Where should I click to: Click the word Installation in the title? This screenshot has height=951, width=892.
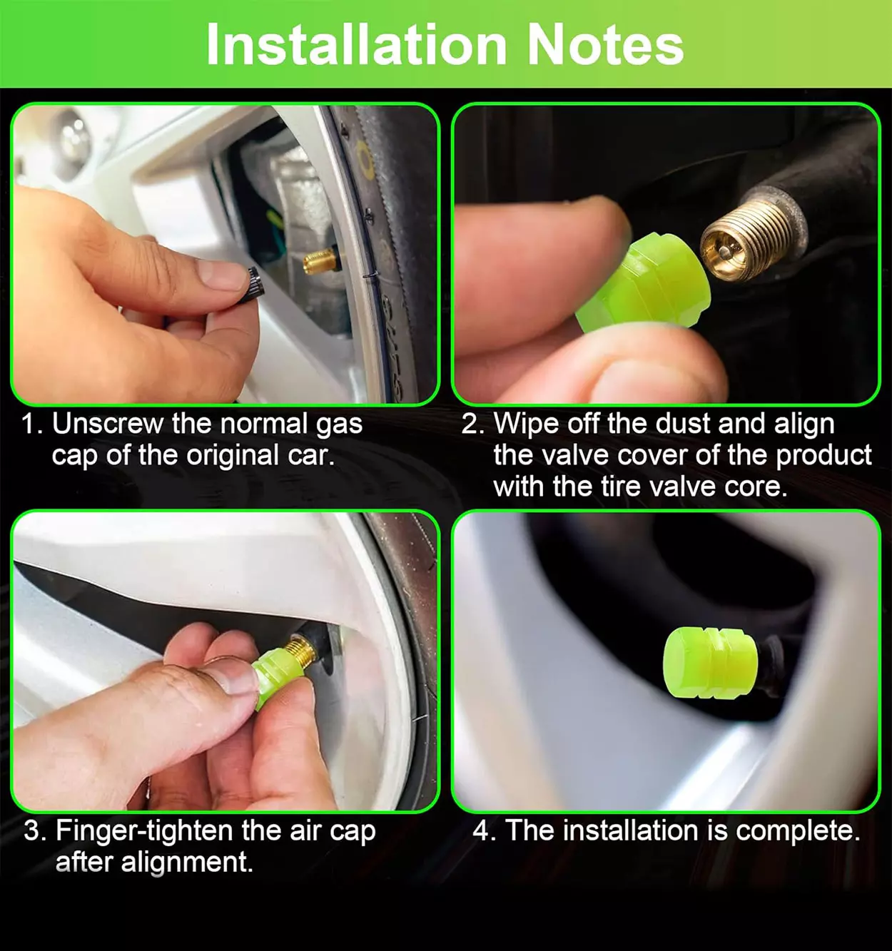pyautogui.click(x=356, y=44)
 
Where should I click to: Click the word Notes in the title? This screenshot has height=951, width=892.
pyautogui.click(x=605, y=44)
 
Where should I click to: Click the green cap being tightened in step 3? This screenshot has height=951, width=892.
pyautogui.click(x=276, y=676)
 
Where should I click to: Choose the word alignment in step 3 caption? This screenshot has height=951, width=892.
pyautogui.click(x=186, y=863)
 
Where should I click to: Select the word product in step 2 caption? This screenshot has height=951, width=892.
pyautogui.click(x=823, y=457)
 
